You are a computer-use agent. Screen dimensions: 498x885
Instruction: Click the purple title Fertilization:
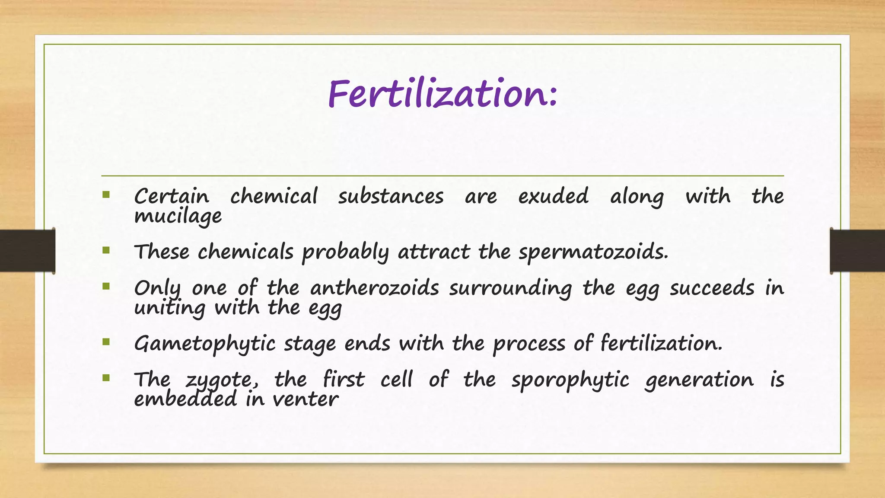click(x=442, y=94)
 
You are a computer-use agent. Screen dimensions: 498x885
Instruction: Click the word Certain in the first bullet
click(x=172, y=197)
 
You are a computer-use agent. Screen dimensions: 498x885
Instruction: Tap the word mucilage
click(x=178, y=216)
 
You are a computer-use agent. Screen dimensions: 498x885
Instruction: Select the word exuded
click(x=553, y=196)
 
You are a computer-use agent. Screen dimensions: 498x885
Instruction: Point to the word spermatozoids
click(x=593, y=252)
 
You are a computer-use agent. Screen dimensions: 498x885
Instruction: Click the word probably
click(x=345, y=252)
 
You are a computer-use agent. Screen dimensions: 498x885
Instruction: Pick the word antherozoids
click(x=374, y=288)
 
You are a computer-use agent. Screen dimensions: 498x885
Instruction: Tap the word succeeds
click(x=712, y=288)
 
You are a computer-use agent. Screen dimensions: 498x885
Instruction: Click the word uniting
click(x=169, y=308)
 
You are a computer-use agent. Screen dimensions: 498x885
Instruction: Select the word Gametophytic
click(x=204, y=344)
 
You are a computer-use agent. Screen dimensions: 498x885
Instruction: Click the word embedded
click(x=185, y=399)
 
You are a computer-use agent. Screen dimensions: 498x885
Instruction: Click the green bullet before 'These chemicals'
click(x=106, y=250)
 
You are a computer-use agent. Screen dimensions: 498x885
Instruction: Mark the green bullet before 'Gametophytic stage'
click(x=106, y=342)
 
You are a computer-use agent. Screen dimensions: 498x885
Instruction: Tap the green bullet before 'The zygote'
click(x=106, y=378)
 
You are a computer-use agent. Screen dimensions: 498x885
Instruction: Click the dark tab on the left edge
click(x=27, y=251)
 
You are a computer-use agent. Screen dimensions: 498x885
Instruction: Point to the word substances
click(x=391, y=197)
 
